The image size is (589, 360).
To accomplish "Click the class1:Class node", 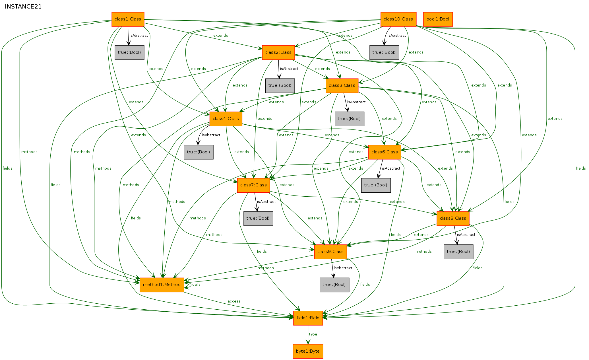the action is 128,19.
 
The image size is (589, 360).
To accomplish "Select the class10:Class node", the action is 398,19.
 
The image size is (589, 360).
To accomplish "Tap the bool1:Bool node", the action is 438,19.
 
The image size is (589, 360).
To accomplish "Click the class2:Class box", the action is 278,53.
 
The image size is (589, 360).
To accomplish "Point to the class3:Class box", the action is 342,86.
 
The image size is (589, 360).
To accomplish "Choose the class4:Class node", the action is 226,119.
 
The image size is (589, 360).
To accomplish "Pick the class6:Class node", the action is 385,152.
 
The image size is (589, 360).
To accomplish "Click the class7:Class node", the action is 253,185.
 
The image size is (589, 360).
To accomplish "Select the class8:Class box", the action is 453,219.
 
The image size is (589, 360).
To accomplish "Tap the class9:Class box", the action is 330,252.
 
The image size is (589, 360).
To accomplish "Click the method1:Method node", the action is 162,285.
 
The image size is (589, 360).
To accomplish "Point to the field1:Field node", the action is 308,318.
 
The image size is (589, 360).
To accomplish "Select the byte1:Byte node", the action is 308,351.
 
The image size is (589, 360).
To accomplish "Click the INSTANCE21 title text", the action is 23,7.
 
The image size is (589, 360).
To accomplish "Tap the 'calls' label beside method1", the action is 196,285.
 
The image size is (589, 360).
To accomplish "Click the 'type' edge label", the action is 313,334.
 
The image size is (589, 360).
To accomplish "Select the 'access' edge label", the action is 234,301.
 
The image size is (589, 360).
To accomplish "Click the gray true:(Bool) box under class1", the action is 129,53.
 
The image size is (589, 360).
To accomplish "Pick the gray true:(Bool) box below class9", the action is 334,285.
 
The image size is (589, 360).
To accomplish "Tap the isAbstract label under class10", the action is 397,36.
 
